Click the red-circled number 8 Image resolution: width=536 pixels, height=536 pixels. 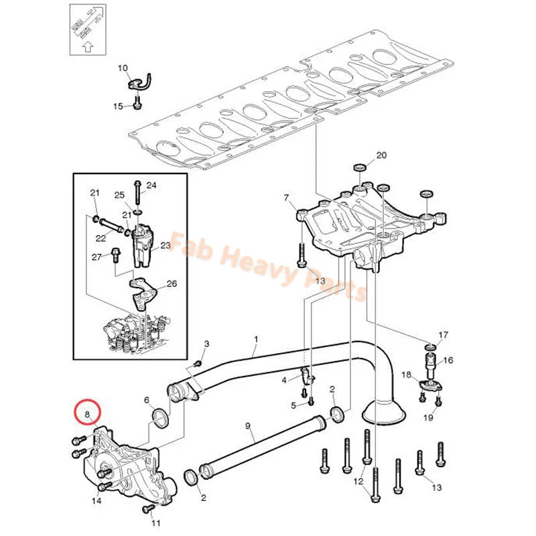tap(86, 415)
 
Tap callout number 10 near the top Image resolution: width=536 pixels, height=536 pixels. tap(123, 68)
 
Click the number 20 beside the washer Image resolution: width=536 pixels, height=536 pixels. tap(381, 155)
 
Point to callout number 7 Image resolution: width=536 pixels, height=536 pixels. tap(286, 198)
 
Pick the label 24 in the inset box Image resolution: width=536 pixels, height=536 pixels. tap(151, 185)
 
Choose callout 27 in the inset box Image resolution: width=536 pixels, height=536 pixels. tap(96, 257)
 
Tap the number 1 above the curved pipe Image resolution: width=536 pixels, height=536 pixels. tap(255, 340)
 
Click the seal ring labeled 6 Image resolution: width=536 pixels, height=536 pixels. tap(161, 419)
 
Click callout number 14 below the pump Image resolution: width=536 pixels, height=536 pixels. tap(96, 500)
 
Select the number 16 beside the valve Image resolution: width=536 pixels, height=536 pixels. tap(448, 360)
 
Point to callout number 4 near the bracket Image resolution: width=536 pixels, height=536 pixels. tap(284, 380)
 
